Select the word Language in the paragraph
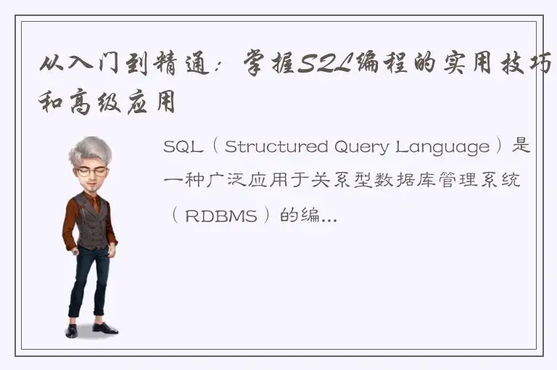pyautogui.click(x=442, y=147)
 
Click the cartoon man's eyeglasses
pyautogui.click(x=92, y=171)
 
